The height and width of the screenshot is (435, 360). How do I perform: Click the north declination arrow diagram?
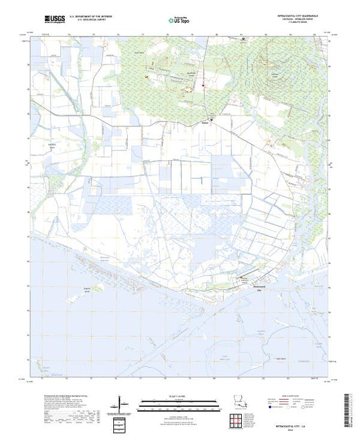tap(120, 403)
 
